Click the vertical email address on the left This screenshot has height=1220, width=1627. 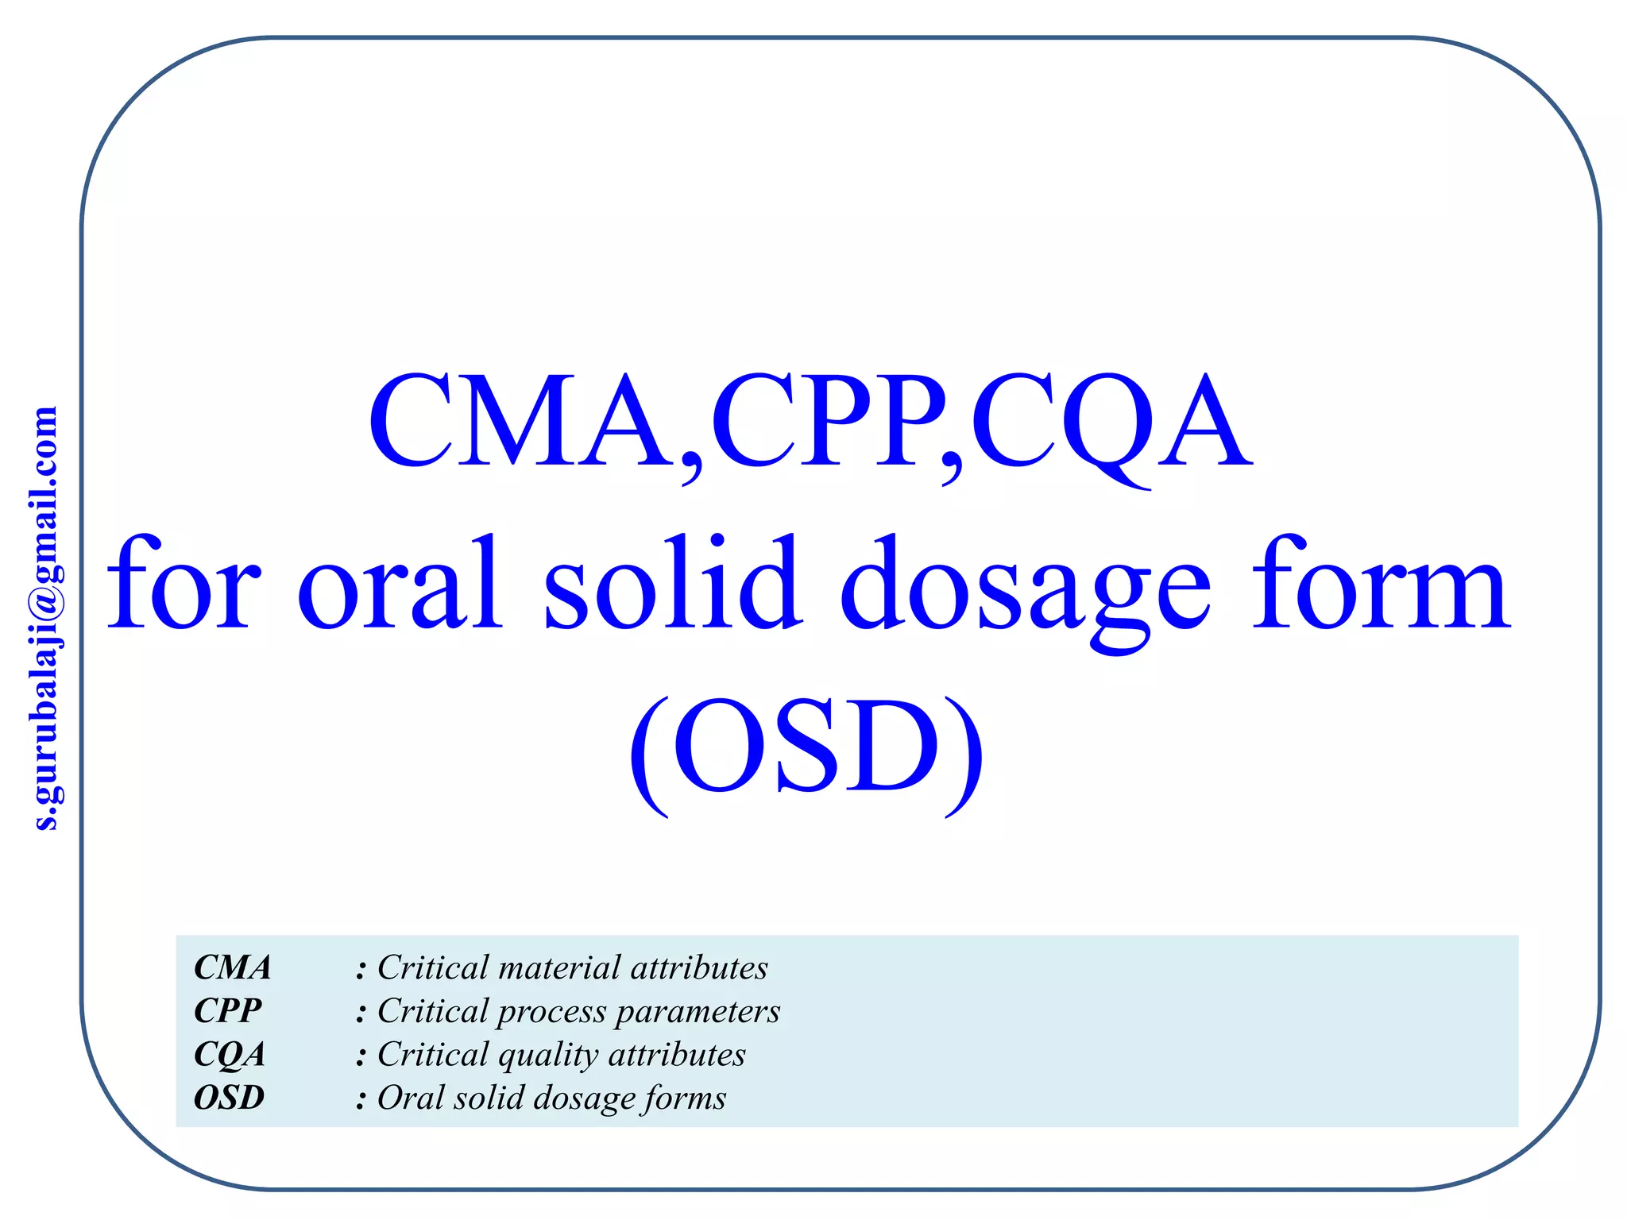pos(46,618)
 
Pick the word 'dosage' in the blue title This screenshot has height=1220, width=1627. pos(1025,592)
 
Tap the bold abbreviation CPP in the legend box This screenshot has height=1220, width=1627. pos(228,1011)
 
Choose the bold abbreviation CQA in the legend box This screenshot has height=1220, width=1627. pos(230,1055)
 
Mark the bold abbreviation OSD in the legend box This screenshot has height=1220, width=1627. pos(230,1098)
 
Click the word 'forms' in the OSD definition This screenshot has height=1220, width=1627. pos(685,1098)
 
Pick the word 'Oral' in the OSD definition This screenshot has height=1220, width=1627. pos(410,1098)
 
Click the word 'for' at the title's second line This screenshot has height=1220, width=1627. pos(184,584)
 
